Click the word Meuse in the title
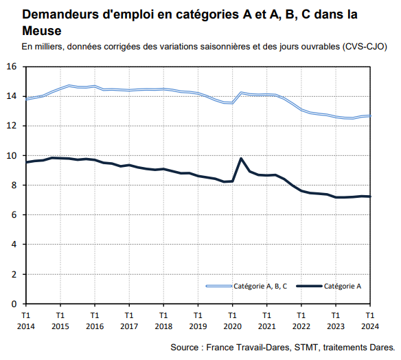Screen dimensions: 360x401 [x=41, y=31]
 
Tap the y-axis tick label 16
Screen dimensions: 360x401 [x=12, y=67]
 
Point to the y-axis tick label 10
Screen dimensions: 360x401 [x=12, y=156]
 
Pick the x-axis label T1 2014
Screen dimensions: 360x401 [x=26, y=321]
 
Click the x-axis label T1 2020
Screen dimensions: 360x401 [x=232, y=321]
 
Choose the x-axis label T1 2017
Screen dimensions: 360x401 [x=129, y=321]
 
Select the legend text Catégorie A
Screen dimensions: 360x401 [x=343, y=286]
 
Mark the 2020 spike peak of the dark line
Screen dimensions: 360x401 [x=241, y=159]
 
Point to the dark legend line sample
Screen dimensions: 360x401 [x=308, y=286]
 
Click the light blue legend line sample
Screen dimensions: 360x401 [x=218, y=286]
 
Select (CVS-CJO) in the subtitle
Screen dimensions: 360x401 [x=363, y=47]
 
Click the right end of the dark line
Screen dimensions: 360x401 [x=369, y=196]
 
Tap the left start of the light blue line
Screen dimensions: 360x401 [x=26, y=99]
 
